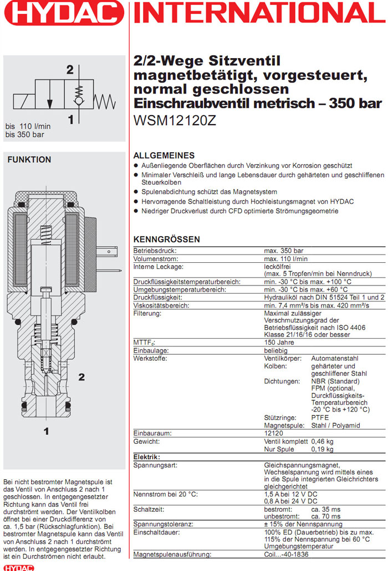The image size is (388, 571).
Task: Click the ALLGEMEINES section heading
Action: click(x=164, y=155)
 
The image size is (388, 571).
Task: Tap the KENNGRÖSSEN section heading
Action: click(x=167, y=240)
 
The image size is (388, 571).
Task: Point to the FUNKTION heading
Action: click(x=29, y=160)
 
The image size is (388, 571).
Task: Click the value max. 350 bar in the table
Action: click(x=284, y=251)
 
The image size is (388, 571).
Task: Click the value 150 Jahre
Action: click(x=279, y=343)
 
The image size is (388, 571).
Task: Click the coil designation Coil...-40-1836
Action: click(x=289, y=554)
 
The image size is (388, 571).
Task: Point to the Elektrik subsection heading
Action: click(x=147, y=457)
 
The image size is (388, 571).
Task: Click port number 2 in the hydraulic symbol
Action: click(x=70, y=70)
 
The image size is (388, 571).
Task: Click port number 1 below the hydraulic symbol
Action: click(x=70, y=119)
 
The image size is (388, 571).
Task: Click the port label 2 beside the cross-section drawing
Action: click(x=81, y=377)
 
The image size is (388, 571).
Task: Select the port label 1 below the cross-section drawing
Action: click(x=47, y=430)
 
